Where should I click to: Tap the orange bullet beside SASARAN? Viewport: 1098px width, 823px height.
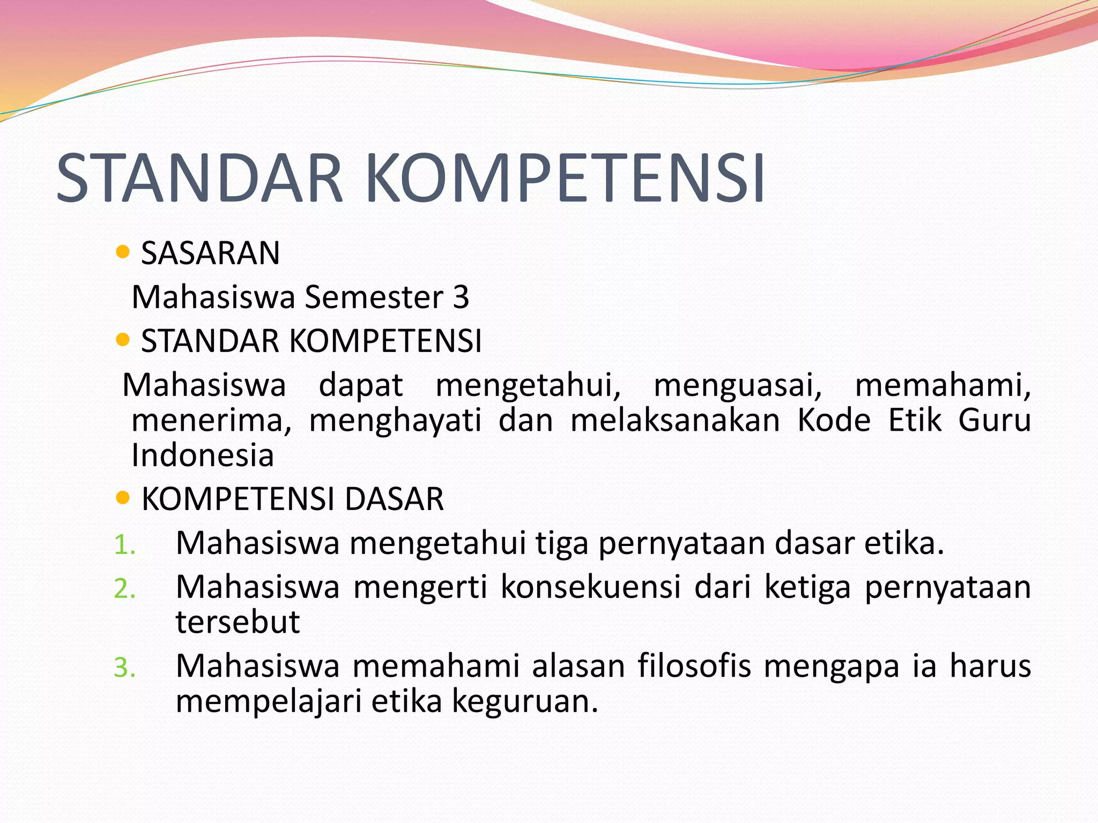pos(123,252)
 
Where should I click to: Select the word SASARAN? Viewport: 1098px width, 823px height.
pos(210,253)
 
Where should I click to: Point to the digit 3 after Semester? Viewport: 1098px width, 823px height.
pos(461,297)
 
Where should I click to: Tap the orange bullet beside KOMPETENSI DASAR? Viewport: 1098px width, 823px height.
pos(123,498)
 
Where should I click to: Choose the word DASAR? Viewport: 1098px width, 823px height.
pos(394,499)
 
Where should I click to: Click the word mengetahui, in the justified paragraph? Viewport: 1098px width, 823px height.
pos(528,386)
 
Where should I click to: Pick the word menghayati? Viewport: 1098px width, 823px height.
pos(395,421)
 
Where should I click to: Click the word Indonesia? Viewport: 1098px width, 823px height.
pos(203,456)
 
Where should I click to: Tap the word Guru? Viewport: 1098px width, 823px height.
pos(995,420)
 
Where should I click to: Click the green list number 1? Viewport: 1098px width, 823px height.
pos(124,545)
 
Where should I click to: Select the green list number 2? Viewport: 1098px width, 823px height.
pos(124,589)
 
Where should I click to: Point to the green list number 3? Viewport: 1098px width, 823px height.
pos(124,668)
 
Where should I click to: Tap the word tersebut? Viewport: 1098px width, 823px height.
pos(238,622)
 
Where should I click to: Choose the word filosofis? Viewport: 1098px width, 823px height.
pos(694,666)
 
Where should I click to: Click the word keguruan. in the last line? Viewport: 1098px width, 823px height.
pos(524,702)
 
